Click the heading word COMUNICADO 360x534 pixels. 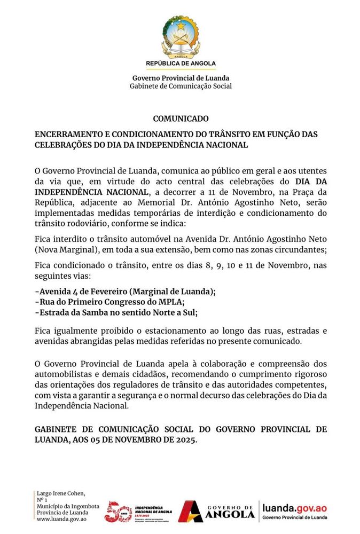click(x=181, y=119)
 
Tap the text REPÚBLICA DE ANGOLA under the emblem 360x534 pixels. click(x=181, y=64)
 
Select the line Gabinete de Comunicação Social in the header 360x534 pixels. click(x=181, y=86)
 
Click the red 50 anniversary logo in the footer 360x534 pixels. click(x=118, y=511)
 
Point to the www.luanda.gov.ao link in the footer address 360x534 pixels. click(x=61, y=519)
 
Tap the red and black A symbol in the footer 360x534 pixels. click(x=190, y=511)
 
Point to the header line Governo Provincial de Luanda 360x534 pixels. click(x=181, y=78)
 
